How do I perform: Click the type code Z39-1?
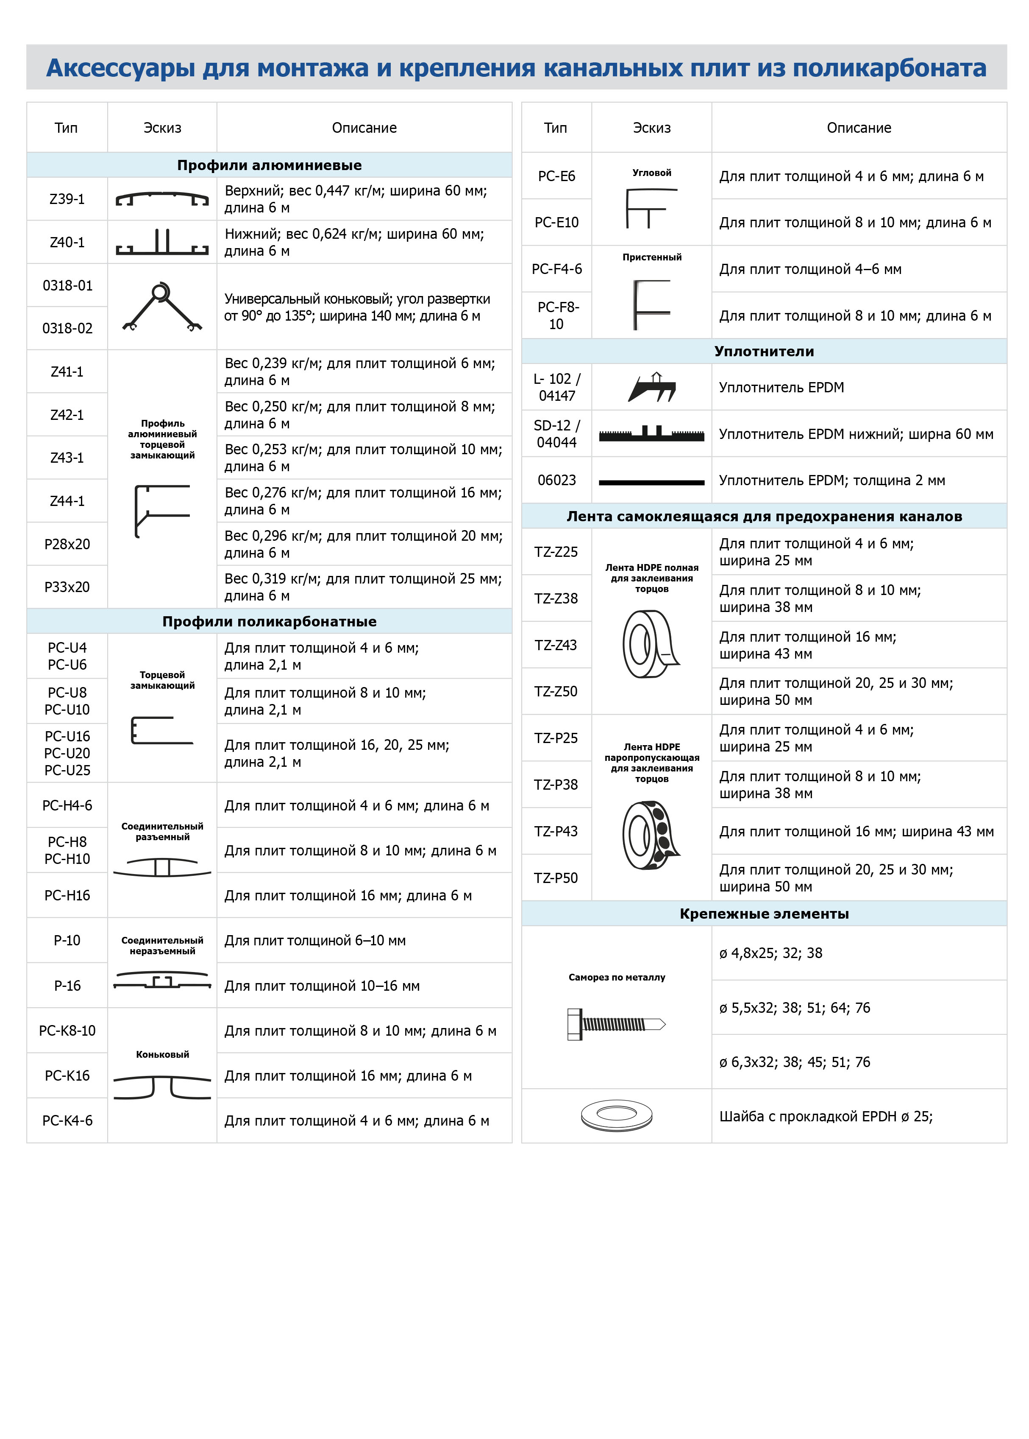pyautogui.click(x=67, y=199)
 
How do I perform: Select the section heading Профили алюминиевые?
pyautogui.click(x=269, y=165)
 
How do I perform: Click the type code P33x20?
pyautogui.click(x=67, y=587)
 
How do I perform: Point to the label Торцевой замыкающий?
pyautogui.click(x=162, y=680)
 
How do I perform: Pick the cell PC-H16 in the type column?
pyautogui.click(x=67, y=895)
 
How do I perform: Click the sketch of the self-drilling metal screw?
pyautogui.click(x=616, y=1024)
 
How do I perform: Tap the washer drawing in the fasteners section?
pyautogui.click(x=616, y=1116)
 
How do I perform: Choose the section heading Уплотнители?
pyautogui.click(x=764, y=351)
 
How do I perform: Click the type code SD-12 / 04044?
pyautogui.click(x=556, y=433)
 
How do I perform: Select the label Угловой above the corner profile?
pyautogui.click(x=651, y=173)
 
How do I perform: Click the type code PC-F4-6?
pyautogui.click(x=556, y=269)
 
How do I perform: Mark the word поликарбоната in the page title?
pyautogui.click(x=889, y=68)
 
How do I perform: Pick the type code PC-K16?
pyautogui.click(x=67, y=1076)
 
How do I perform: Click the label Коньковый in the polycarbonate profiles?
pyautogui.click(x=162, y=1054)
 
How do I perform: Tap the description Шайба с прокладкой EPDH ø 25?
pyautogui.click(x=825, y=1116)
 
